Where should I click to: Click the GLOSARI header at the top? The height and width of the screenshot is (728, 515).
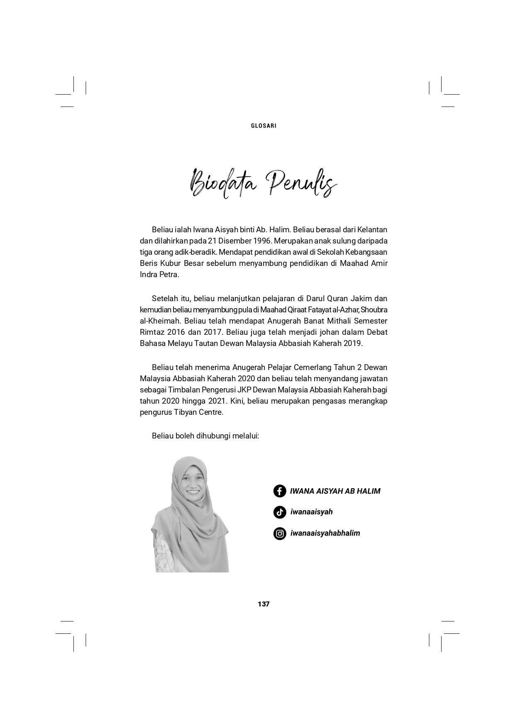click(x=264, y=126)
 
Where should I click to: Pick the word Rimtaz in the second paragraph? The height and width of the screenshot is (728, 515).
click(x=152, y=332)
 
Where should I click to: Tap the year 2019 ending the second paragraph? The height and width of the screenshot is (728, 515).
click(x=354, y=343)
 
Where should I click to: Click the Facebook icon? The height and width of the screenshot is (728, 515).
click(x=280, y=491)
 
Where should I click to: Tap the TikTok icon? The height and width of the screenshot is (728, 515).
click(x=280, y=512)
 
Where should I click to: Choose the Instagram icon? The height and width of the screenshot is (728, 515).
click(x=280, y=533)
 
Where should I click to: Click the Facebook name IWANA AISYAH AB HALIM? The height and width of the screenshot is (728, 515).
click(x=335, y=491)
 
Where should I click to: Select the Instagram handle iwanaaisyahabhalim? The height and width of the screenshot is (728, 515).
click(x=325, y=533)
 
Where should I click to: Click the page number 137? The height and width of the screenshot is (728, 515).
click(x=264, y=604)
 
